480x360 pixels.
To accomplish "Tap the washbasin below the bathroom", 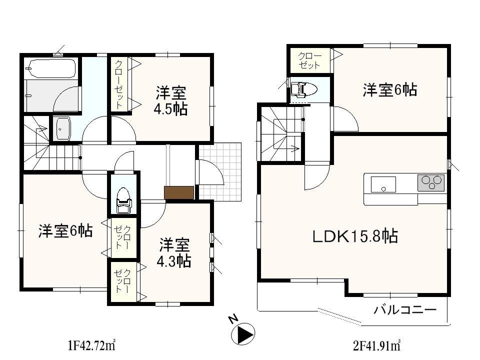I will (x=62, y=128).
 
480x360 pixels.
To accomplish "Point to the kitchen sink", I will (x=383, y=184).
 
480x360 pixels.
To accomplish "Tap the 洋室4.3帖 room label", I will (x=174, y=253).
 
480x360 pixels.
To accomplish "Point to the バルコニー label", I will (x=405, y=309).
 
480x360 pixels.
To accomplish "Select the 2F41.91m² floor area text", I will (x=376, y=344).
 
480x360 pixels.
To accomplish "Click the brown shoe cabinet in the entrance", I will (x=179, y=192).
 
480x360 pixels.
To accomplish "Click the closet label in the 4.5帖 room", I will (x=119, y=84).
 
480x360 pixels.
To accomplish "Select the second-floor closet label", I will (x=309, y=60).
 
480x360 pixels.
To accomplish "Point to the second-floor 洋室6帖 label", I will (x=390, y=90).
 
